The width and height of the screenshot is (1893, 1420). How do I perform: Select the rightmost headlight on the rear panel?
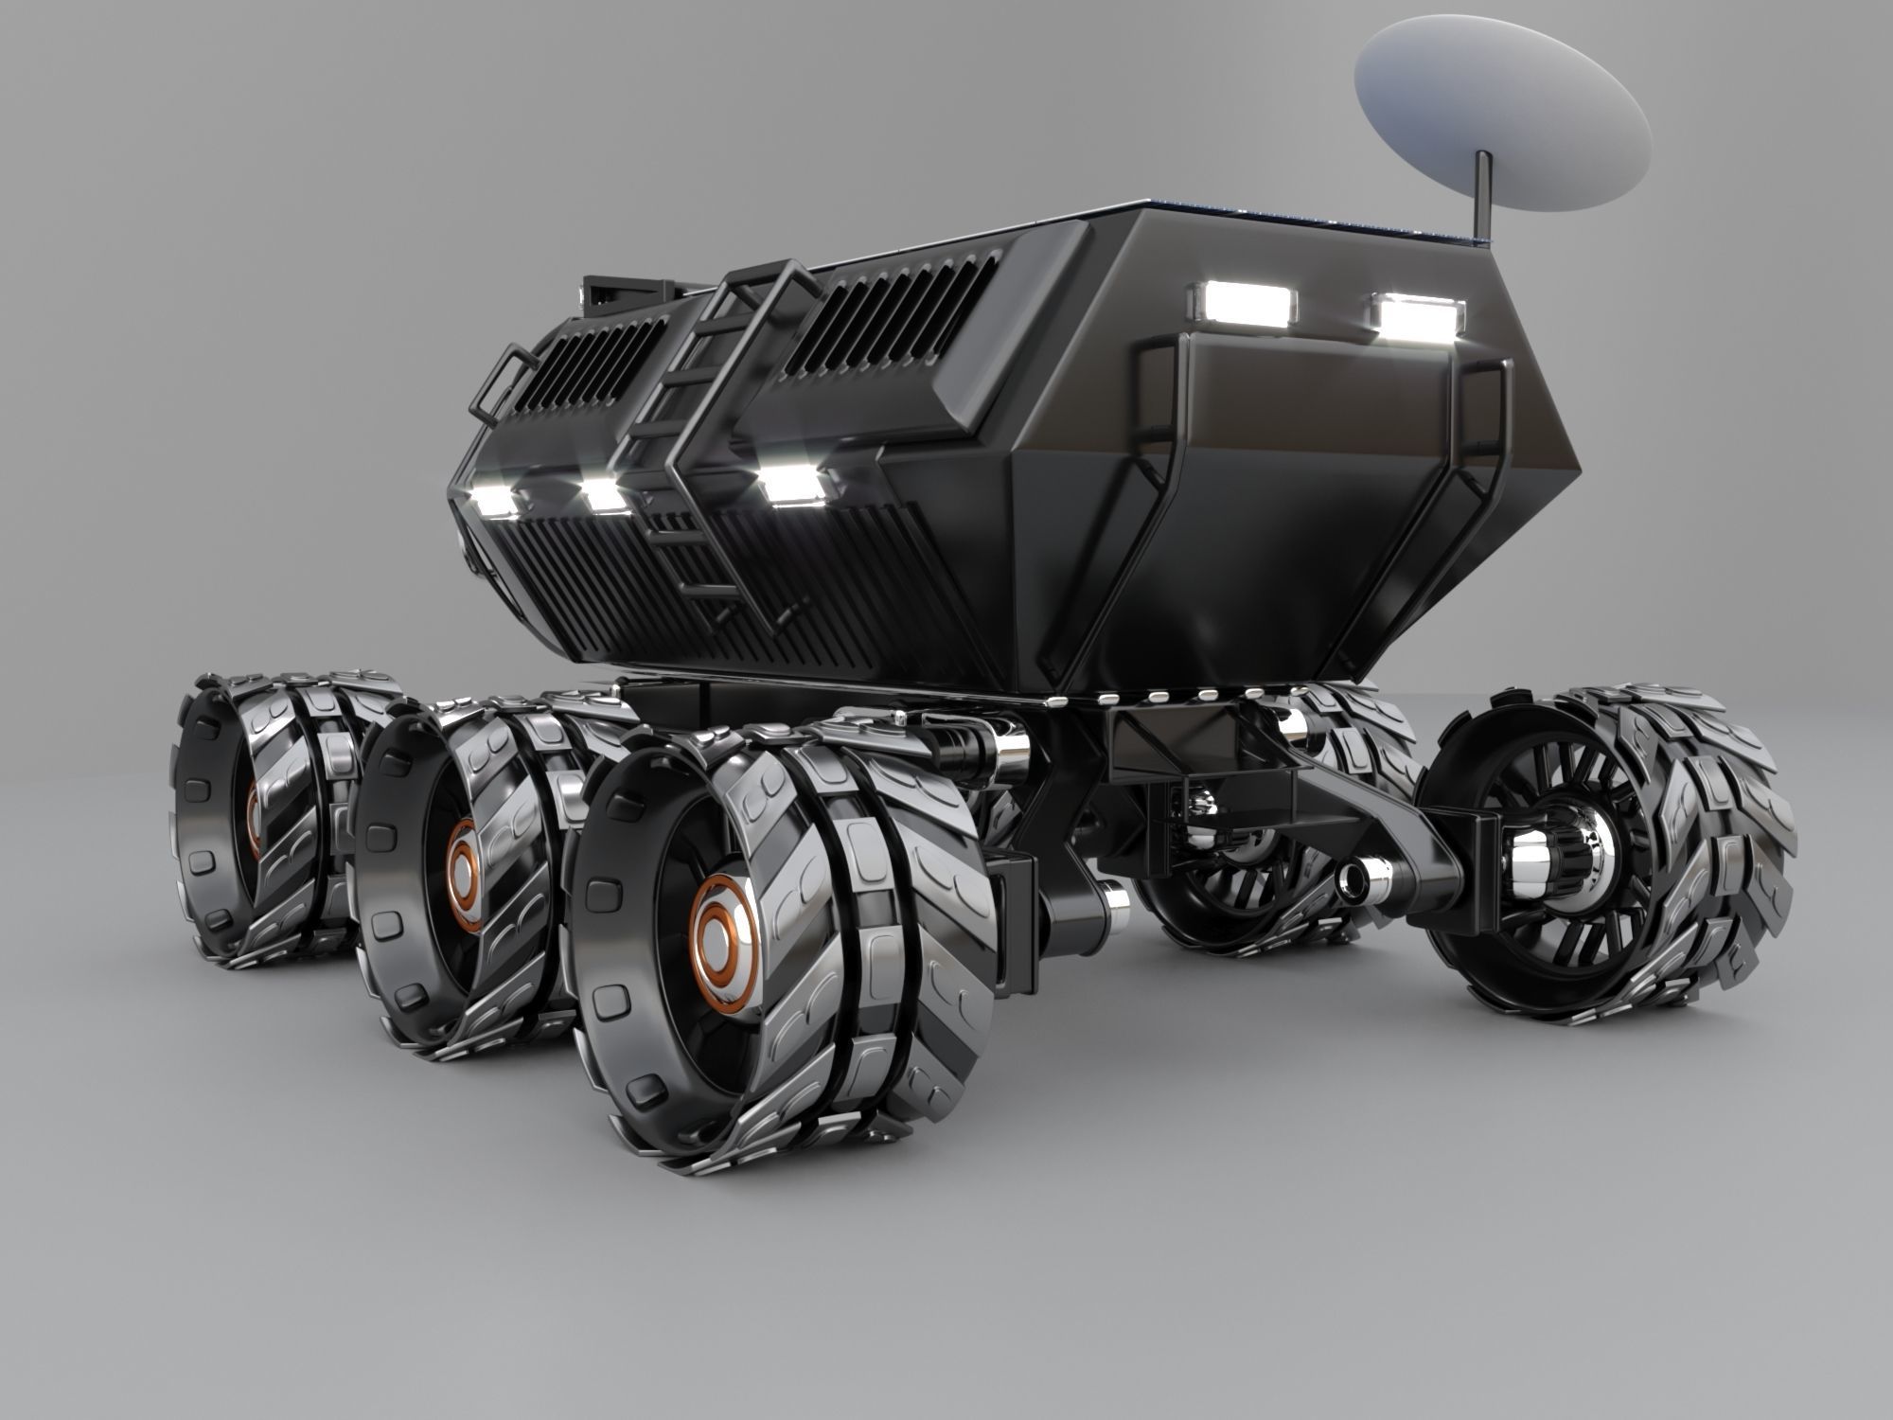click(x=1418, y=319)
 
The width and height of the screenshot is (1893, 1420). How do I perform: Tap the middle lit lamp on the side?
click(x=605, y=495)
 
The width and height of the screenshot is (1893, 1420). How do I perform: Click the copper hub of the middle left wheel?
click(x=464, y=859)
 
